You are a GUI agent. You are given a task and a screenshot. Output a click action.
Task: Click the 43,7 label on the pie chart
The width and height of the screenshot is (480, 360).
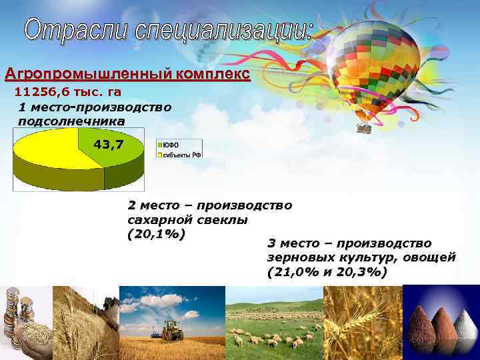point(108,143)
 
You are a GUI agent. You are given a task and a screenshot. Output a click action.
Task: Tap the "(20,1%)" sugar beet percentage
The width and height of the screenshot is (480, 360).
point(155,234)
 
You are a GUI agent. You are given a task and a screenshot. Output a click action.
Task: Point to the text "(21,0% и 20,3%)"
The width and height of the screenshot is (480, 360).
point(326,272)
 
